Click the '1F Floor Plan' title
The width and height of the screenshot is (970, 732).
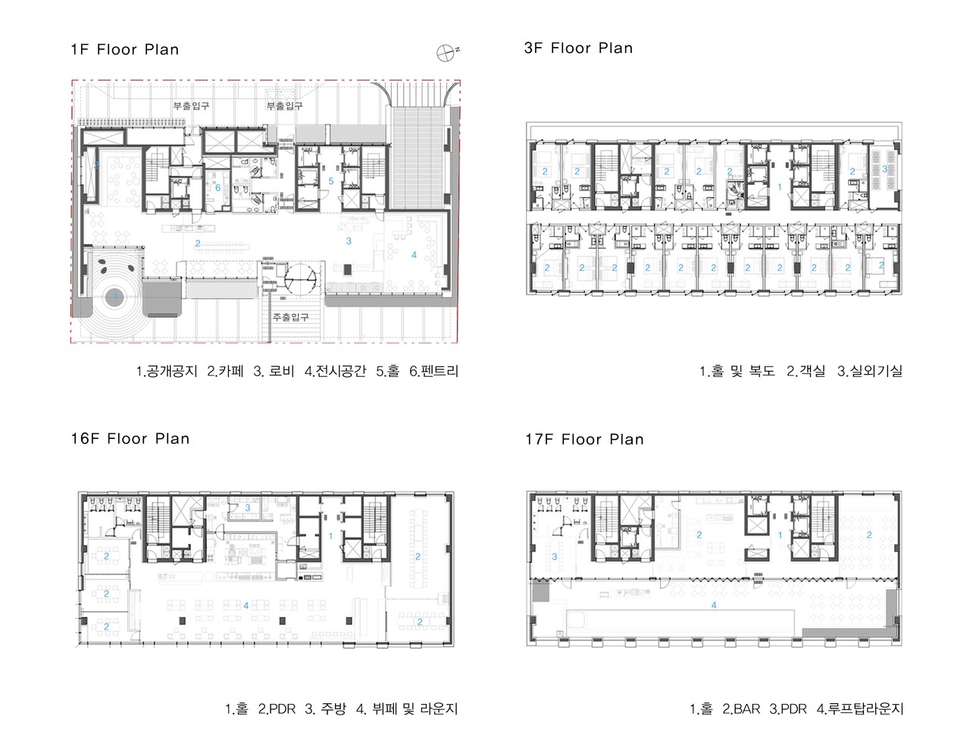[125, 49]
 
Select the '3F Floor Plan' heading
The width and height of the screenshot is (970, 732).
[578, 48]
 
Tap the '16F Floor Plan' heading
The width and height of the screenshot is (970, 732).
[130, 438]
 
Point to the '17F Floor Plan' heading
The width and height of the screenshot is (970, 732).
[584, 440]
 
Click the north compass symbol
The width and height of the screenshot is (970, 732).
[447, 52]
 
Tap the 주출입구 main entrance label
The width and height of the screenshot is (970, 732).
[290, 317]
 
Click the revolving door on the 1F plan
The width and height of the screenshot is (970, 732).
[300, 280]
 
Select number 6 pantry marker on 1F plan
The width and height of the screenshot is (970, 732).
[217, 188]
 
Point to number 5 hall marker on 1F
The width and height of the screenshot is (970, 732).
[331, 181]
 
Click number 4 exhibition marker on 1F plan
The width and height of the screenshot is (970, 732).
[414, 255]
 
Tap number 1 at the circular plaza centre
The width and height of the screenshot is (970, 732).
[116, 297]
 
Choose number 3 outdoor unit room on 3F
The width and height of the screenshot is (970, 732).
[884, 168]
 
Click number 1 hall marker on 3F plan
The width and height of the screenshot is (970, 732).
[780, 187]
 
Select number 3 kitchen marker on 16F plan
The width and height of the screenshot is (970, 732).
[248, 507]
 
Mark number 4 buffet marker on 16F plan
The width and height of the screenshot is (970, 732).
[246, 605]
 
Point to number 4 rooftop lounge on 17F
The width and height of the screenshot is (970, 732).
[714, 605]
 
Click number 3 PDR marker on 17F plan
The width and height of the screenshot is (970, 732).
[555, 557]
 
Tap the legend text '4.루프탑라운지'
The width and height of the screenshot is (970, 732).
[860, 708]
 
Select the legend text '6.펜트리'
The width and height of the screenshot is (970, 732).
[434, 371]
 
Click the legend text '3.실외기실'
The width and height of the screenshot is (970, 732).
[870, 371]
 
